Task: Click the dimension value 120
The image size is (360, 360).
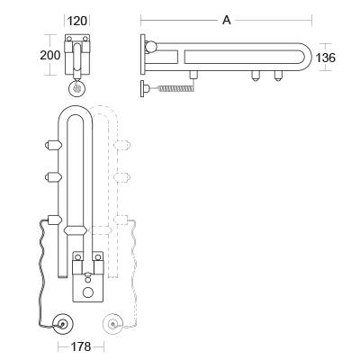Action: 78,19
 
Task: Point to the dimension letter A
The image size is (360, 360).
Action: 226,20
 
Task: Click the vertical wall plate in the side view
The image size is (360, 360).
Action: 143,56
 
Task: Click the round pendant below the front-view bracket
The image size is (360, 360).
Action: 77,89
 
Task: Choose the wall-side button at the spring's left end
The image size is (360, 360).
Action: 143,88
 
